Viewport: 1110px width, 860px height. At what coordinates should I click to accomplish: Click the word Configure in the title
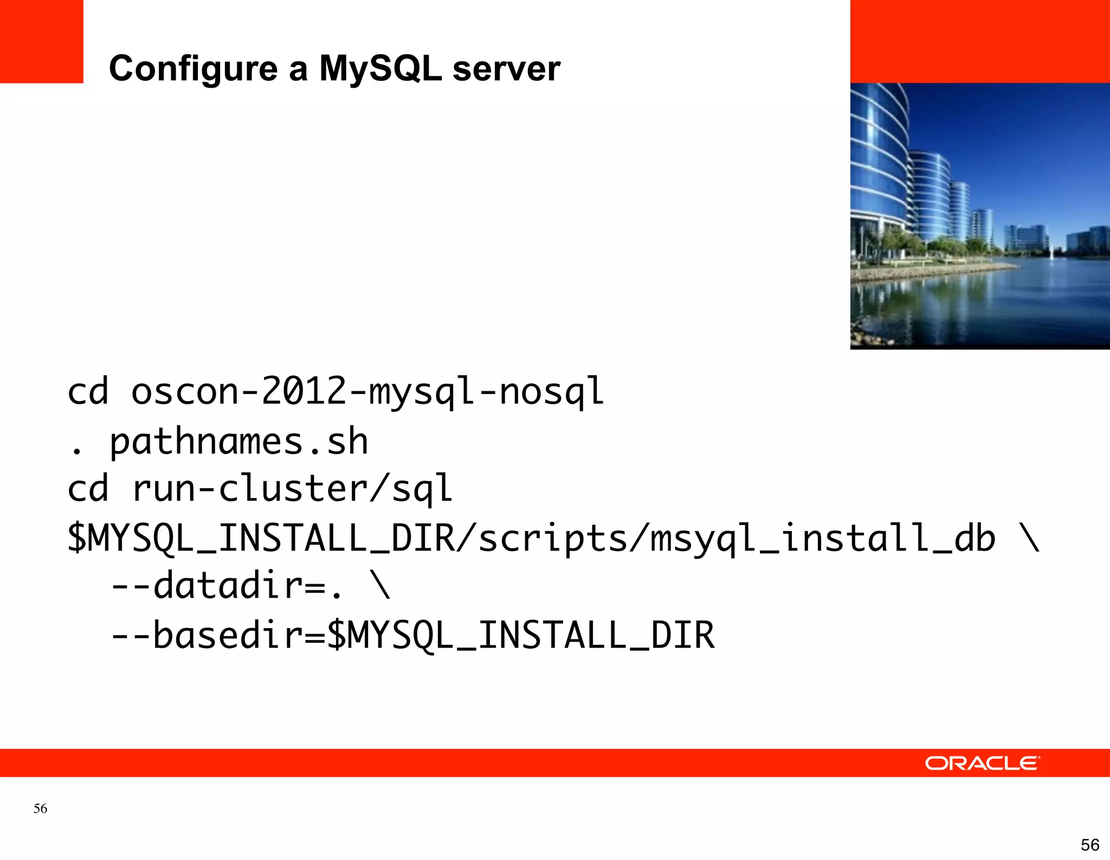193,69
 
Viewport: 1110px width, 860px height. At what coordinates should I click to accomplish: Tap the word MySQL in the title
380,69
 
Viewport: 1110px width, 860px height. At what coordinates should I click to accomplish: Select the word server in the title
506,69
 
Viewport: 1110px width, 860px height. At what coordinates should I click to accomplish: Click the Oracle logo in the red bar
982,763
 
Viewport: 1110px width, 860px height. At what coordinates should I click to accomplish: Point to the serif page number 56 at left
40,809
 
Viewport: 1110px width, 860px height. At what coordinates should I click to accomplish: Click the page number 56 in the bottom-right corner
1089,845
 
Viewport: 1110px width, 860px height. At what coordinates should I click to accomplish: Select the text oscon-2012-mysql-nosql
367,391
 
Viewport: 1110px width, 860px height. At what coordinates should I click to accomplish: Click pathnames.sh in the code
238,442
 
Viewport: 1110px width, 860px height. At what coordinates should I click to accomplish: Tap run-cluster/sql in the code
292,489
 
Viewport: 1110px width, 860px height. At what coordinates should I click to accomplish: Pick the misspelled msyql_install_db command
822,539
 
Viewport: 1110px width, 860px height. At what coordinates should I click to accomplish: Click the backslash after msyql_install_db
1029,538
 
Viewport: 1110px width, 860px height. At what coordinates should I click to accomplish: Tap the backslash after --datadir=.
379,585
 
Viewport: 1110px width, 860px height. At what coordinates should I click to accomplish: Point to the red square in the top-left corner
41,41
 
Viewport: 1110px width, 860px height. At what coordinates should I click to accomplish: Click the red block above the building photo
979,41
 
